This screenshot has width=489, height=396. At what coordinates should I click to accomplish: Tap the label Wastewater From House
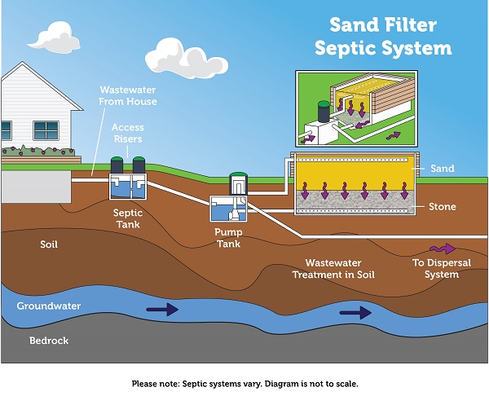point(128,95)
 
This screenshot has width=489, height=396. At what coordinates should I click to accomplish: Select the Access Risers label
point(128,133)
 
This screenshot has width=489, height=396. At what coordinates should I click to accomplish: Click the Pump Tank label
point(229,237)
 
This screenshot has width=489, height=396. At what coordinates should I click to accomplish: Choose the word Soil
point(48,244)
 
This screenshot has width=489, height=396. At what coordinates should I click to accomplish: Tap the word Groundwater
point(52,306)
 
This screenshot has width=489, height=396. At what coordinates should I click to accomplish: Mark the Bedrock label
point(48,339)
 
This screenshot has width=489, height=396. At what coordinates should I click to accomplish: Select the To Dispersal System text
point(436,269)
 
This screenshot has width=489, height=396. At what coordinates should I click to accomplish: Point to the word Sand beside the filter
point(441,169)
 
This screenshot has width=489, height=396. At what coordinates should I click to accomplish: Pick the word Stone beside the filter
point(442,207)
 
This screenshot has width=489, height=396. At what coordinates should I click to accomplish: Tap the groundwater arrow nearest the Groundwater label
point(161,309)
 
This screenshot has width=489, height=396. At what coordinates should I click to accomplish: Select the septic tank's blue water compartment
point(126,188)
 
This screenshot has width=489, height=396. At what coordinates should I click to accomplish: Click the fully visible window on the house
point(46,130)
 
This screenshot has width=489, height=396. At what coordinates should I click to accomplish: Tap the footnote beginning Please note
point(244,382)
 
